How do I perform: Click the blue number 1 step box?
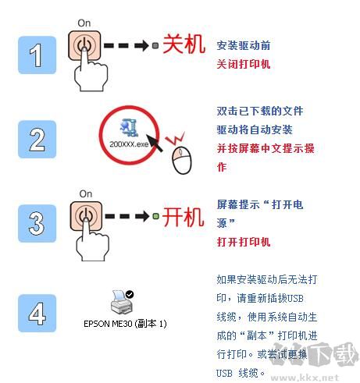(x=37, y=55)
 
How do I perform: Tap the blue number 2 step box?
(x=37, y=139)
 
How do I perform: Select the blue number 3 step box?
(x=37, y=223)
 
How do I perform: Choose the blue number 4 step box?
(x=37, y=313)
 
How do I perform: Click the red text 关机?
(x=184, y=45)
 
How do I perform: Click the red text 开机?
(x=183, y=217)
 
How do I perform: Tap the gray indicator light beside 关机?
(x=155, y=46)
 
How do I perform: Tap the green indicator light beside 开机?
(x=155, y=216)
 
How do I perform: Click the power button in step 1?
(x=84, y=45)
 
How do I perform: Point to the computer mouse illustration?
(x=182, y=160)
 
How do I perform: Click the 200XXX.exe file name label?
(x=129, y=144)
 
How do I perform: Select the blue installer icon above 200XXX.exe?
(x=129, y=128)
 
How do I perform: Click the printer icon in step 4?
(x=122, y=301)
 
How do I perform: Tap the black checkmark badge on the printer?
(x=130, y=294)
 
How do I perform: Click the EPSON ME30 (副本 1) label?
(x=125, y=324)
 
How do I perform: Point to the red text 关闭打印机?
(x=244, y=64)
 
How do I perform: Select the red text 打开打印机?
(x=244, y=242)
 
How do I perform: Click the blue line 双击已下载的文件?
(x=260, y=111)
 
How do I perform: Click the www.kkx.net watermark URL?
(x=305, y=378)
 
